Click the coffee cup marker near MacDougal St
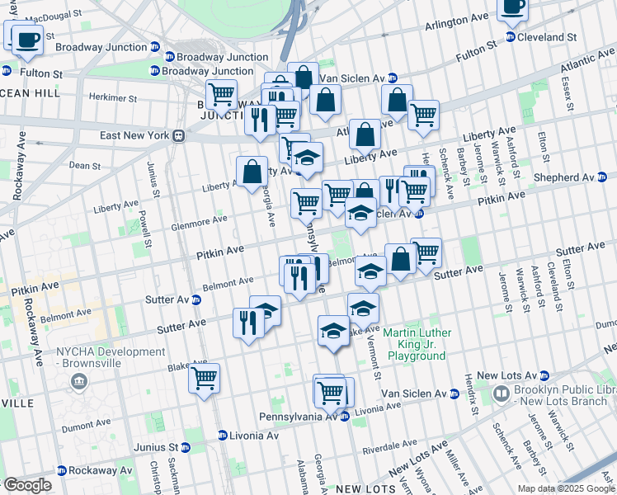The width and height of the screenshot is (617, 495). point(26,39)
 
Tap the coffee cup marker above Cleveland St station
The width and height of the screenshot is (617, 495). point(511,7)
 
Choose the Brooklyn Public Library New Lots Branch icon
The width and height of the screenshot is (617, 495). point(502,394)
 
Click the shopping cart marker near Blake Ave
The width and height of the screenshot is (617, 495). point(204,379)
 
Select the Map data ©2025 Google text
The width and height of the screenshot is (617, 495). point(565,488)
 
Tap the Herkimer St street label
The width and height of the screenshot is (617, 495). point(111,97)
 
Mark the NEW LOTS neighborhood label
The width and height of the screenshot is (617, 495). point(360,488)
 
